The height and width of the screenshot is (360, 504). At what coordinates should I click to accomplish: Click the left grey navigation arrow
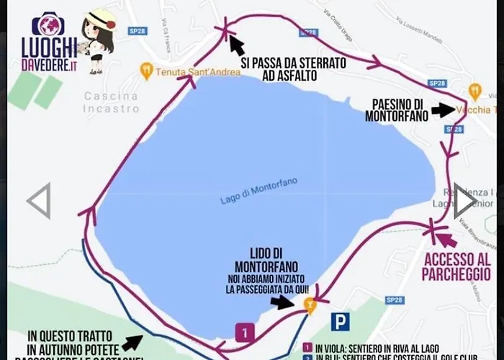pyautogui.click(x=39, y=201)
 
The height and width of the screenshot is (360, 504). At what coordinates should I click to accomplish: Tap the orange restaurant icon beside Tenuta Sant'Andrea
pyautogui.click(x=147, y=71)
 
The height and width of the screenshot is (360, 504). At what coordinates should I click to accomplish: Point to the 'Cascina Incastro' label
pyautogui.click(x=111, y=102)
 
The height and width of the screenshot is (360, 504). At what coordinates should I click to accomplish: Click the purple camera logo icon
pyautogui.click(x=48, y=24)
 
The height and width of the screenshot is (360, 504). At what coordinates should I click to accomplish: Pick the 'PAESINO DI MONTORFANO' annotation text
pyautogui.click(x=394, y=108)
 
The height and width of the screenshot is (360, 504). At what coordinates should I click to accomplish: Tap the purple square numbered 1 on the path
pyautogui.click(x=246, y=333)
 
